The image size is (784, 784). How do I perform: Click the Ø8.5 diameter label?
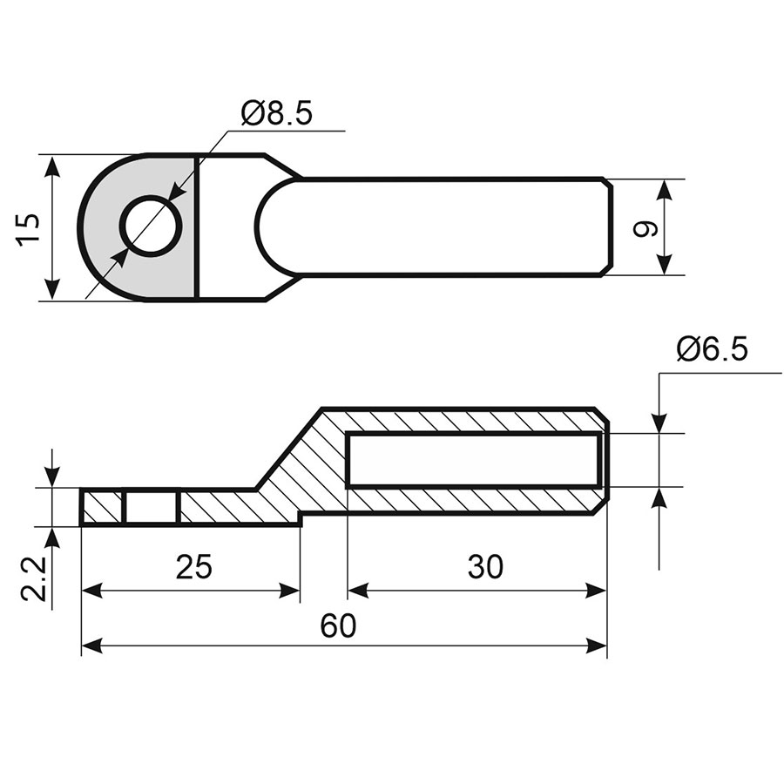[276, 112]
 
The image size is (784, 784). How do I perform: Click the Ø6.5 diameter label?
[713, 349]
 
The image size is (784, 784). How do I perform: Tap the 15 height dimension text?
[28, 228]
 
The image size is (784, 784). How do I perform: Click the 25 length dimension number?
[194, 566]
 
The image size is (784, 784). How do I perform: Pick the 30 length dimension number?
[485, 566]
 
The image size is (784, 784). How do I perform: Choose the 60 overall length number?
[339, 625]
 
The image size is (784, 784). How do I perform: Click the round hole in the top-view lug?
[152, 226]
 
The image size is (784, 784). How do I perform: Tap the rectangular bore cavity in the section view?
[472, 460]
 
